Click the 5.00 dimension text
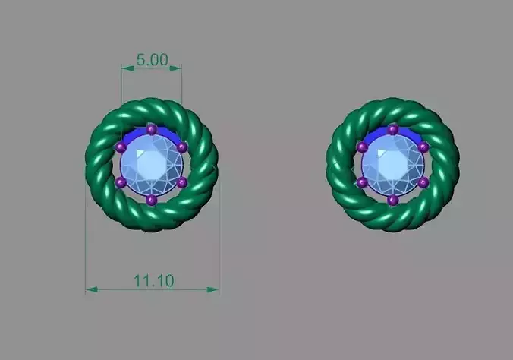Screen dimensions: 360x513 pyautogui.click(x=152, y=58)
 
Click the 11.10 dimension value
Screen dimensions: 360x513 pyautogui.click(x=153, y=280)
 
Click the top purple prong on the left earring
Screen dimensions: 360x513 pyautogui.click(x=152, y=130)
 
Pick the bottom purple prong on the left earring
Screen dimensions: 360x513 pyautogui.click(x=152, y=200)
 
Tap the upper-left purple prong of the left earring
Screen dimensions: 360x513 pyautogui.click(x=120, y=147)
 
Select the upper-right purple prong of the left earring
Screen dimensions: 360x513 pyautogui.click(x=182, y=147)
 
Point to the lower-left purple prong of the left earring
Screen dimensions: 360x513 pyautogui.click(x=120, y=183)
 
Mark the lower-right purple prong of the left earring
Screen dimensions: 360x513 pyautogui.click(x=183, y=183)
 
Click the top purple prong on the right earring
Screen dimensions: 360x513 pyautogui.click(x=393, y=130)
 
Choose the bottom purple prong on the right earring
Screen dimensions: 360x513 pyautogui.click(x=393, y=200)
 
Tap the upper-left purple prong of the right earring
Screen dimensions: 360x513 pyautogui.click(x=362, y=147)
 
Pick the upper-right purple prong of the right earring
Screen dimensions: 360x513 pyautogui.click(x=423, y=147)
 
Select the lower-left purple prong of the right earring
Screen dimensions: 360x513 pyautogui.click(x=362, y=183)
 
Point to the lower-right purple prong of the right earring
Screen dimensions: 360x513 pyautogui.click(x=423, y=183)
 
